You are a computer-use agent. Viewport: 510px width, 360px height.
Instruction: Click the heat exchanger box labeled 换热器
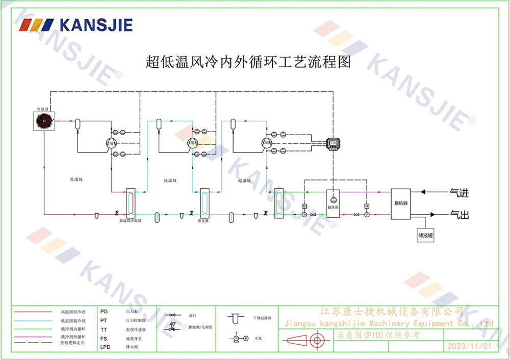click(400, 203)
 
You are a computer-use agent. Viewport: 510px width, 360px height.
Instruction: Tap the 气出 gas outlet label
click(458, 215)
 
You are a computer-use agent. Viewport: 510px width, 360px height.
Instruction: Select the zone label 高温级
click(76, 179)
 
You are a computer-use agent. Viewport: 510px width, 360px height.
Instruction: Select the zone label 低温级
click(170, 181)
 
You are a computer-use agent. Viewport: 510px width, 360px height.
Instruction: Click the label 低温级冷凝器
click(130, 221)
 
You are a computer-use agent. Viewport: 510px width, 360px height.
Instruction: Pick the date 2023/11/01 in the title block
click(469, 346)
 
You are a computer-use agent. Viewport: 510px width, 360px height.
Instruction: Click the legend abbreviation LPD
click(106, 347)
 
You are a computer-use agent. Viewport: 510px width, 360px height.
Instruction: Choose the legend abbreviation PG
click(104, 311)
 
